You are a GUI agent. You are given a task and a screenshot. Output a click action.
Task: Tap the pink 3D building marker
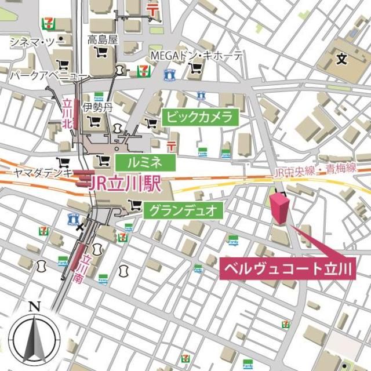tap(279, 209)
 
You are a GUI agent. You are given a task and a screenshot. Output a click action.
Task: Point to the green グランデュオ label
tap(183, 210)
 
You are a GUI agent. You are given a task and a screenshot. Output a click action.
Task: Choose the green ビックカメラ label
tap(199, 117)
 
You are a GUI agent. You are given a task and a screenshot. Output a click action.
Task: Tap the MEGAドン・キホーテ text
tap(197, 56)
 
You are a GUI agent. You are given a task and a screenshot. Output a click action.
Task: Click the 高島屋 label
tap(103, 39)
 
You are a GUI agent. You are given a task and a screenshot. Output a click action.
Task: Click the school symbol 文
tap(341, 58)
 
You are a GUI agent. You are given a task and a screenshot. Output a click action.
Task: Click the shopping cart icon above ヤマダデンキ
tap(61, 162)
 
